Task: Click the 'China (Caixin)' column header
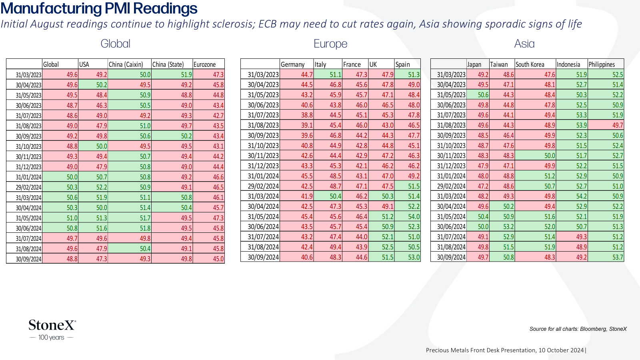click(126, 64)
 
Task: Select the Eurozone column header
click(204, 64)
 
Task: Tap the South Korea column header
click(530, 64)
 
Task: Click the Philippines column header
click(602, 64)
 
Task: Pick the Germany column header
click(292, 64)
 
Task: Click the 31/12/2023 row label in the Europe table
click(263, 166)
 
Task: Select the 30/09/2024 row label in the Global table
click(28, 259)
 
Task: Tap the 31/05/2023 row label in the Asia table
click(451, 94)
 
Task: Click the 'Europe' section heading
click(330, 44)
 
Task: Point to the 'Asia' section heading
click(524, 44)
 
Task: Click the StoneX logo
click(52, 330)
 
